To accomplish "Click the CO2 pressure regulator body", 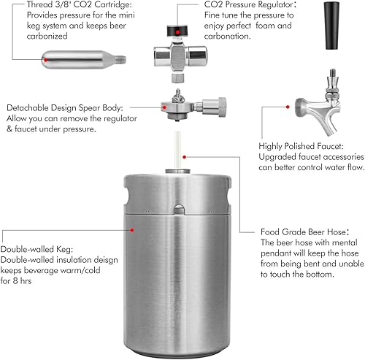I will tap(177, 59).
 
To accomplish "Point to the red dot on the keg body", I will tap(132, 229).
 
